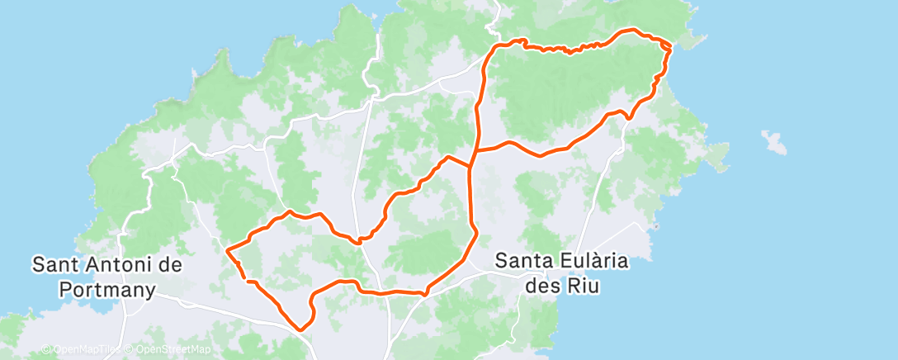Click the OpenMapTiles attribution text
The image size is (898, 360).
pos(79,350)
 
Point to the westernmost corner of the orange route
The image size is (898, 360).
pos(227,248)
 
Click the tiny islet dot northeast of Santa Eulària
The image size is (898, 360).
pos(655,226)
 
